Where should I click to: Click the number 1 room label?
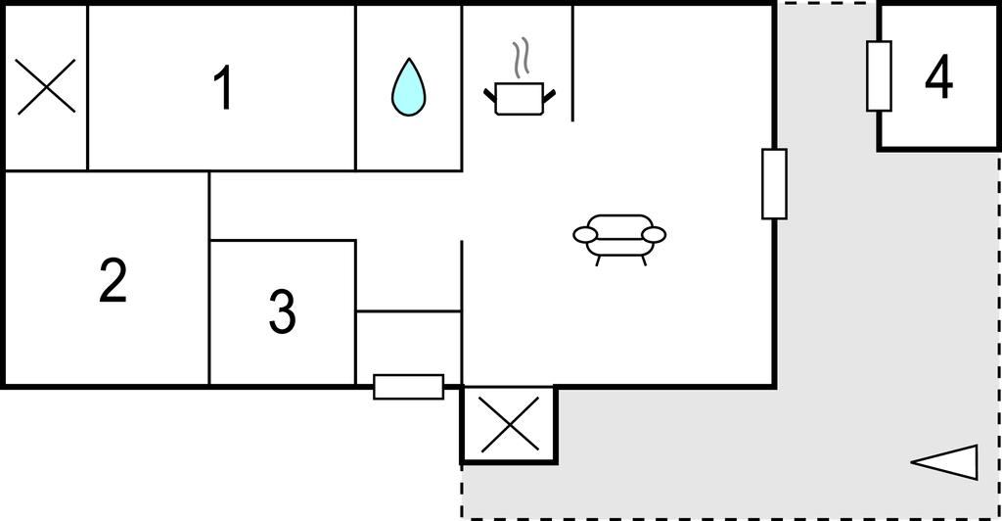tap(222, 88)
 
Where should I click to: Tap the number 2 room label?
tap(114, 280)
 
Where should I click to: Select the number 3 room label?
tap(282, 311)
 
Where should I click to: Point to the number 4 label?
tap(938, 77)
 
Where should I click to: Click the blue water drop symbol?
tap(408, 87)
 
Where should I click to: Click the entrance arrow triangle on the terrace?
tap(944, 462)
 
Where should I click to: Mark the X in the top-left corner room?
tap(46, 87)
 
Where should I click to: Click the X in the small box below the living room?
tap(509, 424)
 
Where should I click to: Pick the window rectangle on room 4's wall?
tap(879, 76)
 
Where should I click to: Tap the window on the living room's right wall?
tap(774, 184)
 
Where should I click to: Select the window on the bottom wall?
tap(408, 387)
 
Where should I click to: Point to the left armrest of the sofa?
tap(585, 235)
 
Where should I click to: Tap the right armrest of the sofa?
tap(654, 235)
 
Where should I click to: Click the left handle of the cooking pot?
tap(490, 96)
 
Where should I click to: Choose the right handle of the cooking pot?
tap(549, 96)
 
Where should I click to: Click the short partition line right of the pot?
tap(572, 64)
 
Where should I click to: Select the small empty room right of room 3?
tap(408, 348)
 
